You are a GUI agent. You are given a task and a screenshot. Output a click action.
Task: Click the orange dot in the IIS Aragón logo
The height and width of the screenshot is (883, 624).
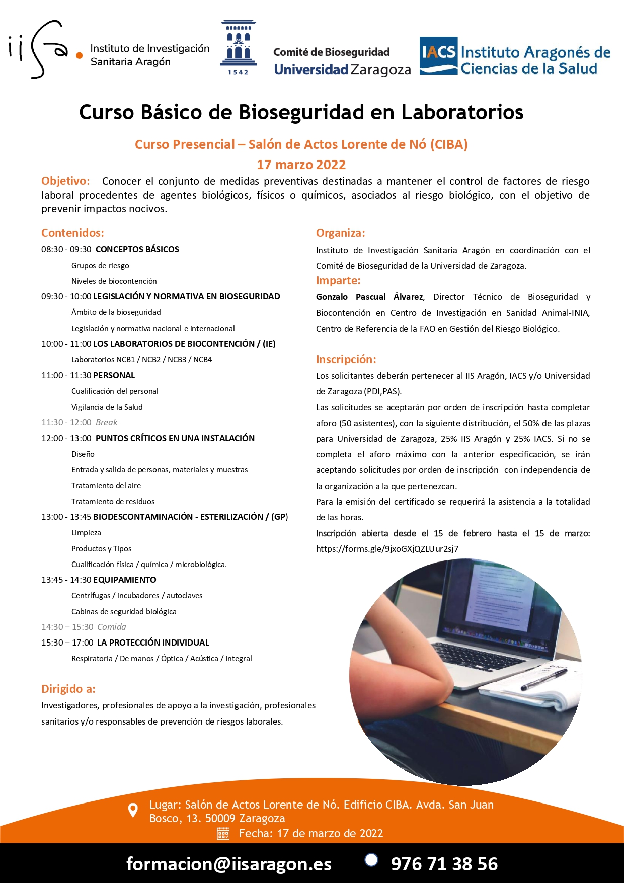click(79, 55)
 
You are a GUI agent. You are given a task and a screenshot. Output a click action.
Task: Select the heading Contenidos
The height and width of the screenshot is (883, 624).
click(72, 233)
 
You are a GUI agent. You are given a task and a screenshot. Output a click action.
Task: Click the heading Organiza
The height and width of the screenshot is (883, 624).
click(340, 233)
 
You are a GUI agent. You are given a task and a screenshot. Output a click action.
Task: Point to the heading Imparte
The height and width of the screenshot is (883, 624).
click(338, 280)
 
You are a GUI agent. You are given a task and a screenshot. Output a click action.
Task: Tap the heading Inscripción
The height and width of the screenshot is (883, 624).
click(346, 359)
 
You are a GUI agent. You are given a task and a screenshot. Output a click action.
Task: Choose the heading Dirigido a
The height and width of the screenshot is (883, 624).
click(68, 689)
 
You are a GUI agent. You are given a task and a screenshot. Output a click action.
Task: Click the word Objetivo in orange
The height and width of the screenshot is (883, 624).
click(65, 181)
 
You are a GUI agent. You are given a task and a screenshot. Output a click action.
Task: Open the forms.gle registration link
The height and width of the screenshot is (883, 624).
click(387, 549)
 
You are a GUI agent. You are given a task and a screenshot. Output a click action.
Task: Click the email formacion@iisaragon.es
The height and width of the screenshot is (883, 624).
click(229, 864)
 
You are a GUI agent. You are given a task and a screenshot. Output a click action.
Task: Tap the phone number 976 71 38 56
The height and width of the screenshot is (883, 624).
click(444, 864)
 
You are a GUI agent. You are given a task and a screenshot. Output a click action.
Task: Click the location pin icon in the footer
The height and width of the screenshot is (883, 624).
click(133, 810)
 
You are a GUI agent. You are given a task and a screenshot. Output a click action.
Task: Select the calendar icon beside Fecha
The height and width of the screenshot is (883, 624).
click(223, 833)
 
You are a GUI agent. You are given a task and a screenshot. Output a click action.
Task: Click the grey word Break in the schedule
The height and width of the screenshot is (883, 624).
click(106, 422)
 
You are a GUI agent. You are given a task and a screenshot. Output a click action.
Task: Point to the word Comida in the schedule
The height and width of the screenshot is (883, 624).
click(111, 627)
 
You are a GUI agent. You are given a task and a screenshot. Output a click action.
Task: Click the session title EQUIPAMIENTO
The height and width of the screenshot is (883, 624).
click(125, 580)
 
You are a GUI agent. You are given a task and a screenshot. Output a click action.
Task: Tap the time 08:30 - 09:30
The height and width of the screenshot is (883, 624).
click(66, 249)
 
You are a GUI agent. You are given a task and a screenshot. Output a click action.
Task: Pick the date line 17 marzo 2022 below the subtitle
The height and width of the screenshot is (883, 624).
click(301, 165)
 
